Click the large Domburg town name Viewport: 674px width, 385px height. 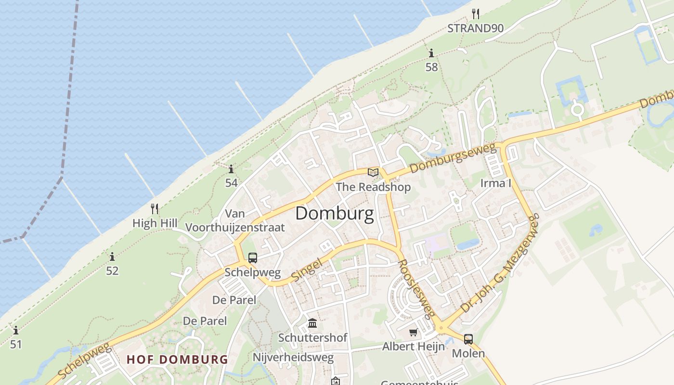pos(334,214)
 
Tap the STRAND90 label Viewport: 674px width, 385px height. pos(475,28)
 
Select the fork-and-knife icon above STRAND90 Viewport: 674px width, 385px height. pos(476,13)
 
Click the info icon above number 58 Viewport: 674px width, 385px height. pos(431,53)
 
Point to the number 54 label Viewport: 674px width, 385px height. pos(231,183)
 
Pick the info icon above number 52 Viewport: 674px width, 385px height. pos(112,257)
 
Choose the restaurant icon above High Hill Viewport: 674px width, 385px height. pos(155,209)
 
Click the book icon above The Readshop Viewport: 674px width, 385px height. pos(373,172)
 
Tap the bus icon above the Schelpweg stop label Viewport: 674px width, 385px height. pos(253,258)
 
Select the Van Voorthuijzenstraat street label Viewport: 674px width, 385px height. pos(235,220)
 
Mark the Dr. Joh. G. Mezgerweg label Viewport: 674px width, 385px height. pos(499,264)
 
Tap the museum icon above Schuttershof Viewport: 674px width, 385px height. pos(312,322)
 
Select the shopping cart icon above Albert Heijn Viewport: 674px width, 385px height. pos(413,332)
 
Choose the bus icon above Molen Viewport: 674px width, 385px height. pos(468,339)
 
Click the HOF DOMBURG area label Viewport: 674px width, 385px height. pos(177,359)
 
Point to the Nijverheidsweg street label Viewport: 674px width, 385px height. pos(293,357)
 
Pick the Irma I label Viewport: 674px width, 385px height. pos(495,183)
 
